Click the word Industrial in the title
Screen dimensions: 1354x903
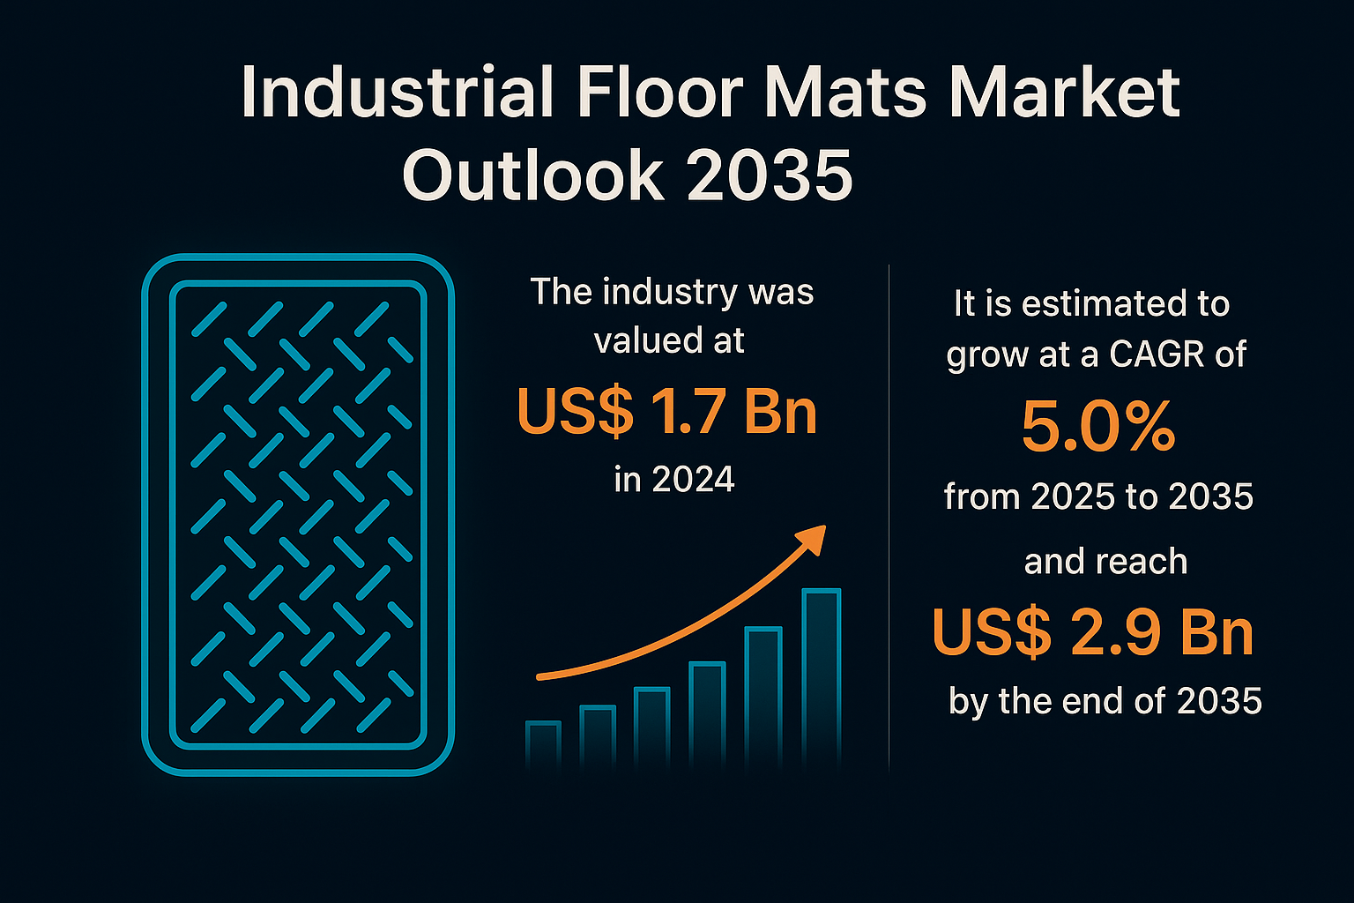pyautogui.click(x=398, y=92)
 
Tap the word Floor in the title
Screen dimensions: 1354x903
pyautogui.click(x=660, y=92)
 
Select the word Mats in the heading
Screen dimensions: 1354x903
pyautogui.click(x=845, y=92)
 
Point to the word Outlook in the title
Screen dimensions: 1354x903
pyautogui.click(x=532, y=175)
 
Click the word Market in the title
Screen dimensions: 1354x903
pyautogui.click(x=1064, y=92)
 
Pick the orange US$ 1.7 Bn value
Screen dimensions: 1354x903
pyautogui.click(x=667, y=411)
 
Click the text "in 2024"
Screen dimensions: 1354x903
pyautogui.click(x=674, y=479)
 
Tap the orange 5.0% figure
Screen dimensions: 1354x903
pyautogui.click(x=1098, y=427)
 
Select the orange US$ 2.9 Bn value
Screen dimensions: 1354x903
pyautogui.click(x=1093, y=632)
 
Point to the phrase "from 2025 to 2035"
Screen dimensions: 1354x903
pyautogui.click(x=1098, y=496)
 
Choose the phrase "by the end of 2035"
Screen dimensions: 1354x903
pyautogui.click(x=1105, y=701)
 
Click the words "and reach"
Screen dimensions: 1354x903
pyautogui.click(x=1105, y=561)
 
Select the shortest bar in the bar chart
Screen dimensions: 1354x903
pyautogui.click(x=543, y=746)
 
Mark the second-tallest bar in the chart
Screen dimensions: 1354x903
pyautogui.click(x=763, y=698)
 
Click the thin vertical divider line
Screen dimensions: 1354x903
pyautogui.click(x=889, y=519)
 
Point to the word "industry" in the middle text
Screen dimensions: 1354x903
pyautogui.click(x=670, y=294)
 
